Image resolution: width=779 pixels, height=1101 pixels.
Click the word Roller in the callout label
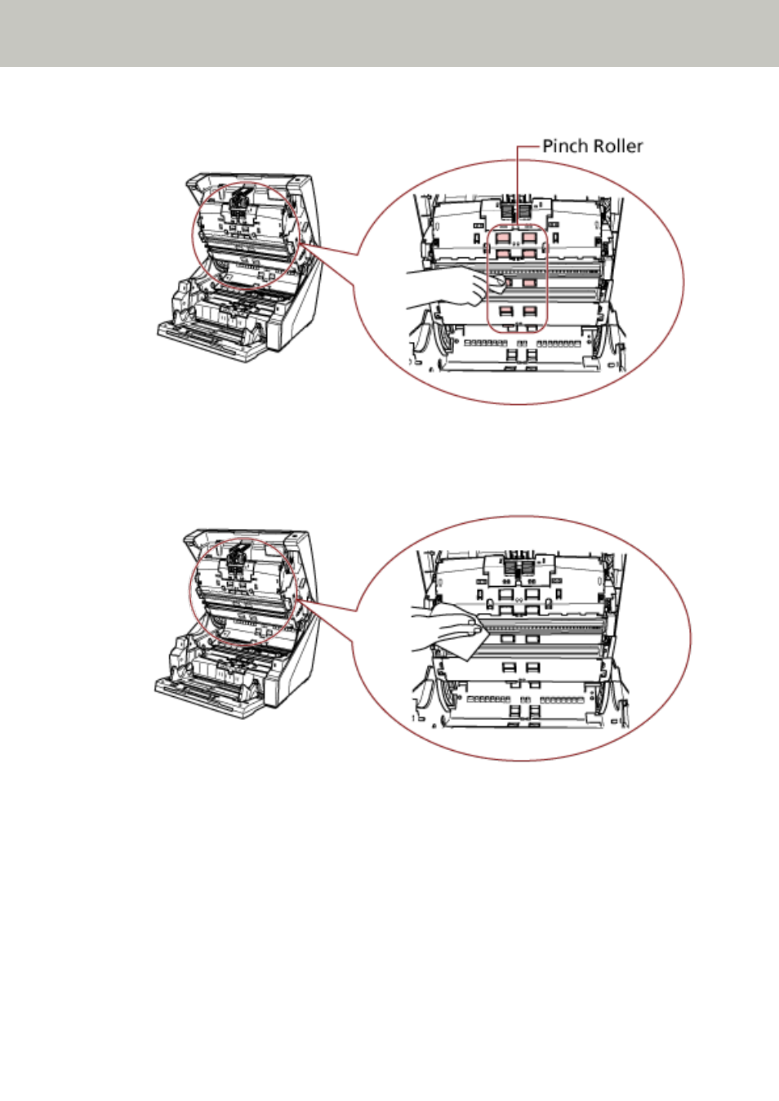pos(617,146)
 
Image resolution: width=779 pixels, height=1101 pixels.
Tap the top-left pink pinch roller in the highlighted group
pos(503,238)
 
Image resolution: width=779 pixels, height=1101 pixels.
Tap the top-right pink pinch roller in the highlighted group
pos(529,238)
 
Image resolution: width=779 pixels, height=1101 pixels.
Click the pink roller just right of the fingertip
pos(528,283)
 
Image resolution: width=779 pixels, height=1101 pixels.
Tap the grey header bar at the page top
pos(389,33)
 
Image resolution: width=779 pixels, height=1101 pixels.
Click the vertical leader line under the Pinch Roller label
pos(517,187)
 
